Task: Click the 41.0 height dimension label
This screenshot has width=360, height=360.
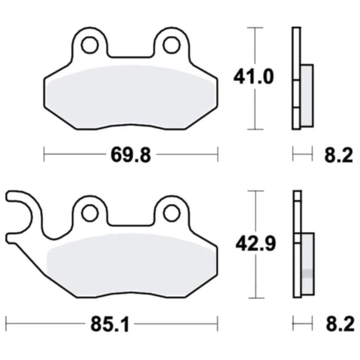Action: click(x=253, y=77)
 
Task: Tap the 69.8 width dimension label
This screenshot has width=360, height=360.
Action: click(x=131, y=155)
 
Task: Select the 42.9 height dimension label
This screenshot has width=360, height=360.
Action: click(x=255, y=244)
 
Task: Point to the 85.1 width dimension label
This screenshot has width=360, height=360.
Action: click(x=110, y=324)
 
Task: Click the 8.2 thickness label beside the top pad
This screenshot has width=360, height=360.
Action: click(x=339, y=155)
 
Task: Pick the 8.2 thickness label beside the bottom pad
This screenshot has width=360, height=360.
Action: click(x=340, y=324)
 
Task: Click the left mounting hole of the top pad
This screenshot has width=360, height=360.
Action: click(x=90, y=45)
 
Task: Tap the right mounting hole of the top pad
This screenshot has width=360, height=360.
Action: click(x=172, y=45)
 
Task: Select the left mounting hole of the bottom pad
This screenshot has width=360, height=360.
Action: click(x=90, y=213)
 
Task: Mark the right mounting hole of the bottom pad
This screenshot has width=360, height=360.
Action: click(x=172, y=213)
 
